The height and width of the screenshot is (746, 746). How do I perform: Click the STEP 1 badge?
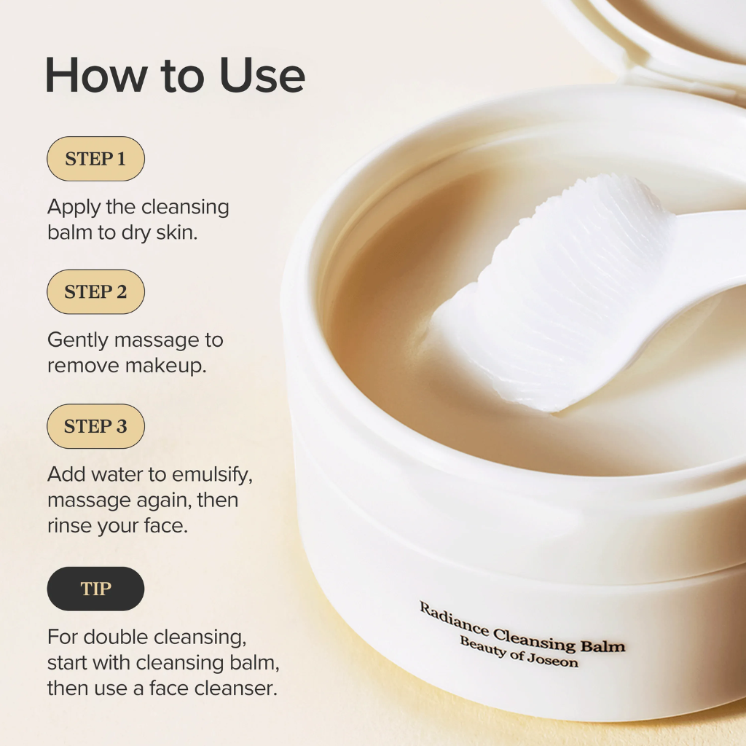click(95, 159)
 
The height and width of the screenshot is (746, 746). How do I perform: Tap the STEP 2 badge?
click(95, 292)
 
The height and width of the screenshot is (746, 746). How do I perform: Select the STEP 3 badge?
click(95, 426)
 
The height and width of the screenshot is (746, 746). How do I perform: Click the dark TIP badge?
click(95, 589)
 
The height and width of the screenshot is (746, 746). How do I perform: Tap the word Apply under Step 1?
click(74, 208)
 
